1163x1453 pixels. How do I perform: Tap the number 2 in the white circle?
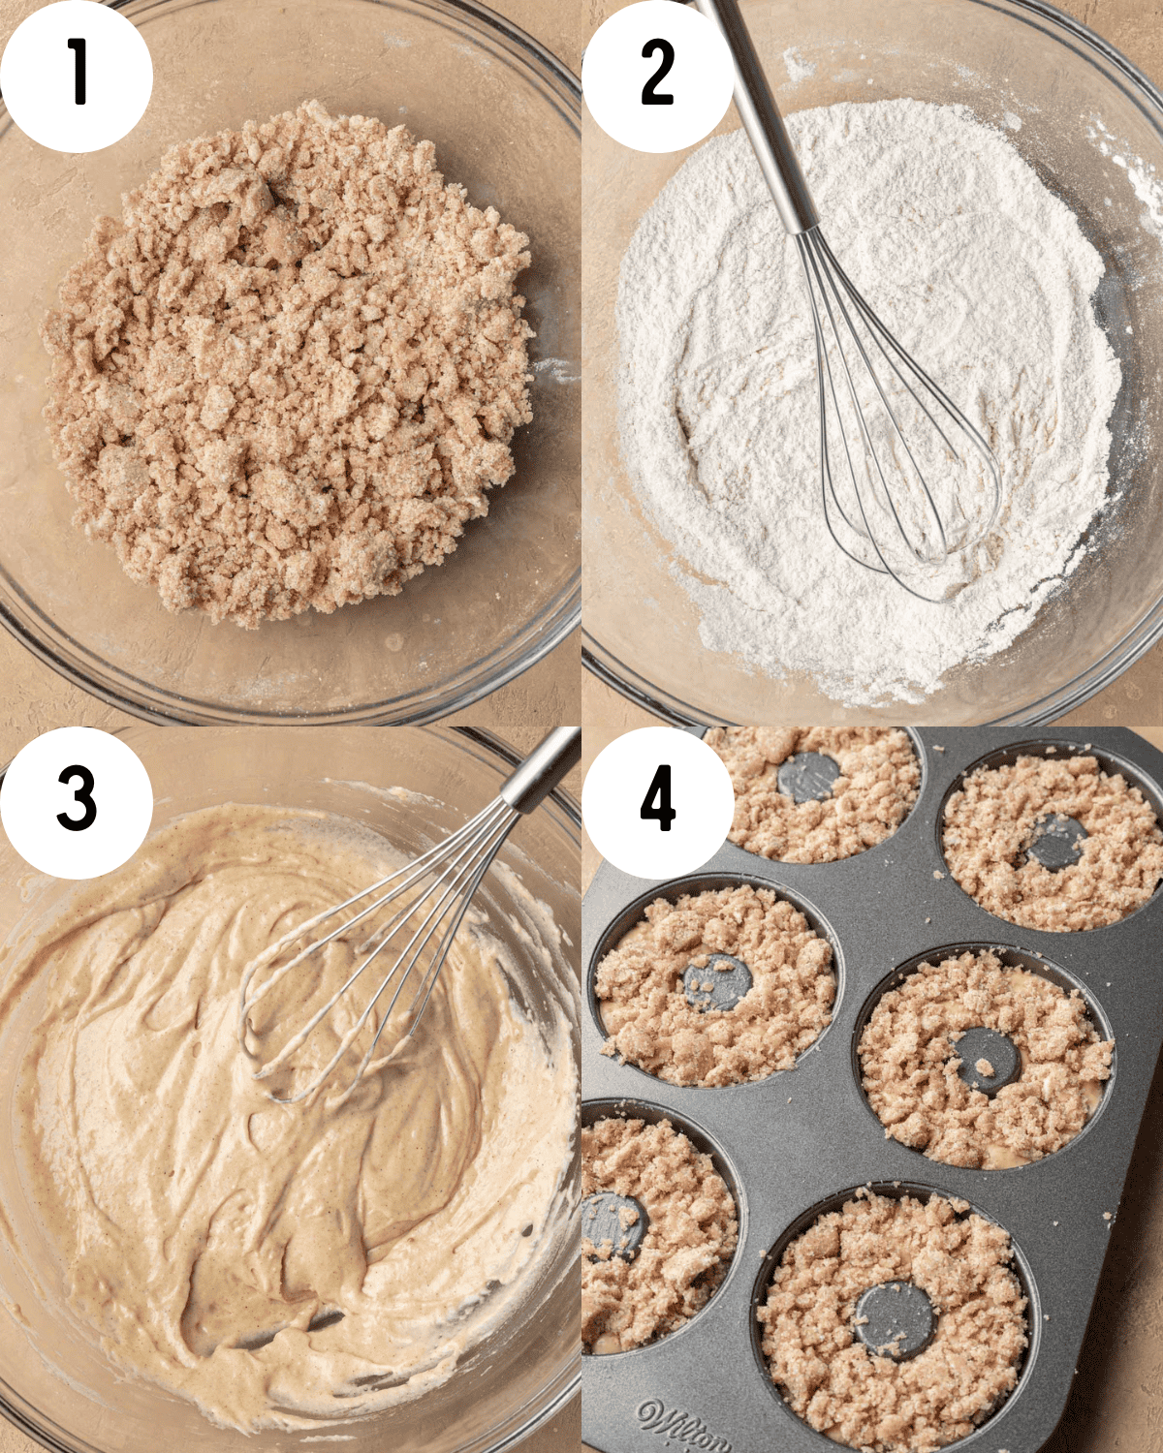[x=658, y=72]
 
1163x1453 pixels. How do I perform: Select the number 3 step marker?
[x=77, y=798]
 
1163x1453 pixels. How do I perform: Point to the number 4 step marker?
[x=658, y=800]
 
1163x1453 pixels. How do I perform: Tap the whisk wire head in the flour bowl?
[x=901, y=465]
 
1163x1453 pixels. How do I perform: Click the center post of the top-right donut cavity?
[x=1056, y=841]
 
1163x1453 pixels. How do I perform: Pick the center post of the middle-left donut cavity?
[x=718, y=982]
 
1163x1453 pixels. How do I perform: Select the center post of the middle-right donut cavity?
[x=986, y=1060]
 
